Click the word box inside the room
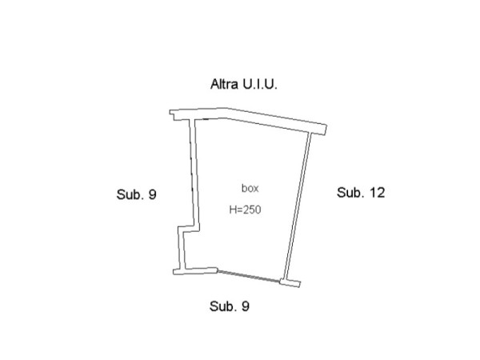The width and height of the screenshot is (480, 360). click(x=250, y=188)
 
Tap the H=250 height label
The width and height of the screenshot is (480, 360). click(x=246, y=210)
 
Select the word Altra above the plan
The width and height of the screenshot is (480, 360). click(x=224, y=84)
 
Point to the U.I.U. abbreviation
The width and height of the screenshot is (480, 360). click(x=260, y=84)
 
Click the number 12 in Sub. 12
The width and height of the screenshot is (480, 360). click(x=377, y=193)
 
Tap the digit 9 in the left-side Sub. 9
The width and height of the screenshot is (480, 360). click(x=153, y=194)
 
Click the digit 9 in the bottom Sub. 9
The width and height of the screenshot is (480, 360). click(x=246, y=306)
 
